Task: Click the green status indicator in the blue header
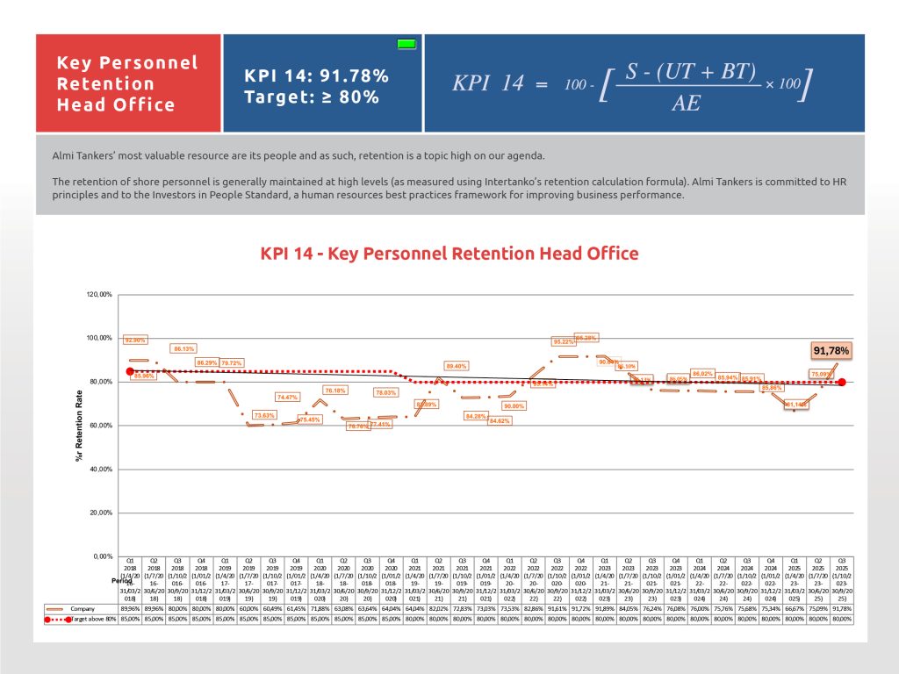tap(406, 43)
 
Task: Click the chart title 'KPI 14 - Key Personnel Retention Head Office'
tap(449, 254)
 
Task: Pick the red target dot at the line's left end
tap(130, 371)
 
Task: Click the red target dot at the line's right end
tap(842, 382)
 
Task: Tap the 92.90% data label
tap(135, 340)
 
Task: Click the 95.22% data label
tap(565, 341)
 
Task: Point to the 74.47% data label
tap(288, 398)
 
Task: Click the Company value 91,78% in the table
tap(842, 607)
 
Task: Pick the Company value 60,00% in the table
tap(248, 607)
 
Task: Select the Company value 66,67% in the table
tap(794, 607)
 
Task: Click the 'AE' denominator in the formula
tap(686, 104)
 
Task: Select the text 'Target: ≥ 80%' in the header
tap(312, 97)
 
